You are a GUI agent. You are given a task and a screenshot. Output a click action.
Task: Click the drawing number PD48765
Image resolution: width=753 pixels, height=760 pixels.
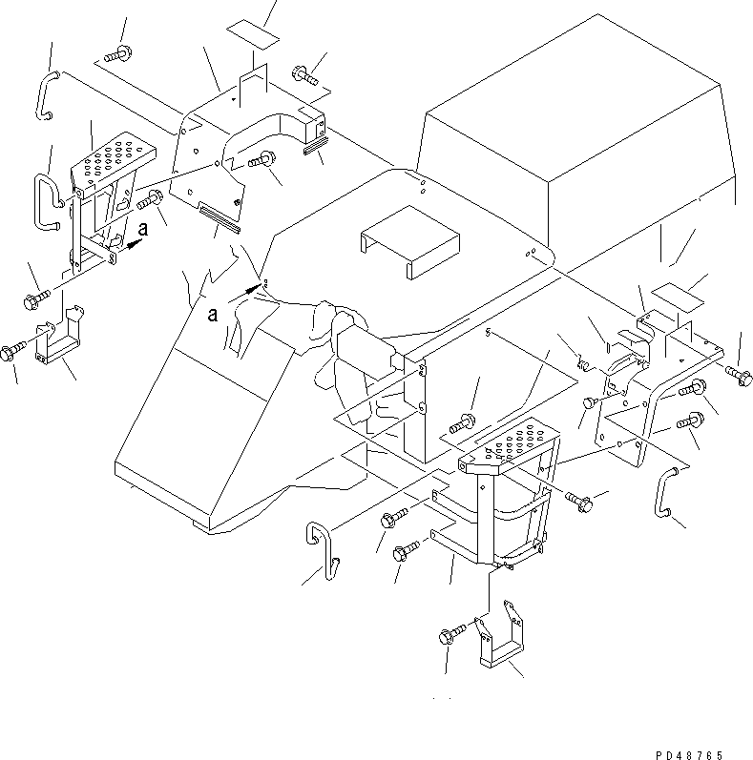[x=689, y=754]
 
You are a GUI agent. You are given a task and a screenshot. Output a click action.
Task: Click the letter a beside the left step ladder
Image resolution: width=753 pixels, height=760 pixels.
[x=142, y=229]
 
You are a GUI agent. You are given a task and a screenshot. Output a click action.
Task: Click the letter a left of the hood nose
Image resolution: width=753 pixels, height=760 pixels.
[x=213, y=315]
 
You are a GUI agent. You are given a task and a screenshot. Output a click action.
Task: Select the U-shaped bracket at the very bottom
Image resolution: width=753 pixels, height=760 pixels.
[x=500, y=634]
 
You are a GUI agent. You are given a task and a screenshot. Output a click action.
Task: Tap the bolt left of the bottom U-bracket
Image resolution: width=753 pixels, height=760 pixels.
[x=451, y=634]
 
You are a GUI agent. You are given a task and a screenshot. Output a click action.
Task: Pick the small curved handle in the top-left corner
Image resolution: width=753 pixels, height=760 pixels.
[x=47, y=95]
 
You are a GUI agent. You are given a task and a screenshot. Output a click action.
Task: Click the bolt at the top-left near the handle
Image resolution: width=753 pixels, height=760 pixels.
[x=118, y=53]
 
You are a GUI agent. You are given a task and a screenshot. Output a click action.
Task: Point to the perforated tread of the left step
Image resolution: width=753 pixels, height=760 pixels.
[x=114, y=159]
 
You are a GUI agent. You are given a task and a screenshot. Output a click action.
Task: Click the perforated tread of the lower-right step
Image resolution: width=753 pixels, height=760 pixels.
[x=509, y=442]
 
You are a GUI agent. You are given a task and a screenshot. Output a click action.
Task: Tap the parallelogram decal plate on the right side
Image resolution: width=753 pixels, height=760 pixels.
[x=678, y=298]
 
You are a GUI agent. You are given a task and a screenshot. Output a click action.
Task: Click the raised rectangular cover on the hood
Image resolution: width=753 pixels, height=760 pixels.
[x=410, y=241]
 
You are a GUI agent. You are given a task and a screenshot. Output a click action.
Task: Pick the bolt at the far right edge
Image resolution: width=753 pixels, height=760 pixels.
[x=739, y=376]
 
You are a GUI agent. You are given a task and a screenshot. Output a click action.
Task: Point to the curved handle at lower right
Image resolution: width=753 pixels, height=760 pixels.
[x=663, y=491]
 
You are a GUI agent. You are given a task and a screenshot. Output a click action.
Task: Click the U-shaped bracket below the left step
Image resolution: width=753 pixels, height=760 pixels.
[x=59, y=336]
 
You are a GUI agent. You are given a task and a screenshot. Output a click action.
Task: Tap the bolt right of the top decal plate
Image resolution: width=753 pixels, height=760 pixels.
[x=304, y=74]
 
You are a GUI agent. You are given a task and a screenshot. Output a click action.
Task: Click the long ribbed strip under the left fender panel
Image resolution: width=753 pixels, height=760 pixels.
[x=219, y=218]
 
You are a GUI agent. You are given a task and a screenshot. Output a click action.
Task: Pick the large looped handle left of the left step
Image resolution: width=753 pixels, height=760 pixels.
[x=48, y=201]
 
